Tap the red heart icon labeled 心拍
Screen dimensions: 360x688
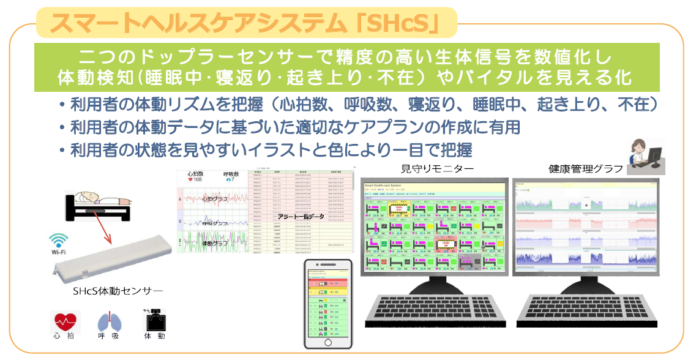click(x=64, y=320)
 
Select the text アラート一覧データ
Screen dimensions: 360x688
click(x=300, y=218)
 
